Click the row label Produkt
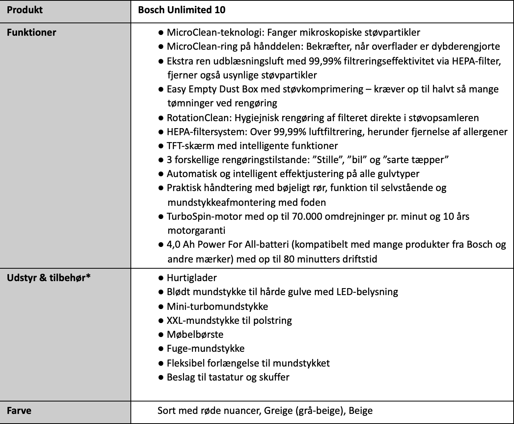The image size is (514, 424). point(25,10)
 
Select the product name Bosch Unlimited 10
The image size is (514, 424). point(182,10)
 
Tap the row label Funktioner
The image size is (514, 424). point(31,33)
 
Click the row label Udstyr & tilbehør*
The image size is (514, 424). point(49,278)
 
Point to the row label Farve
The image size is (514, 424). point(19,411)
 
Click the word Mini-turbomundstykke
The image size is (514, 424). point(217,306)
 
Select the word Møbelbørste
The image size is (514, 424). point(195,335)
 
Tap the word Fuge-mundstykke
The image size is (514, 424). point(206,349)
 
